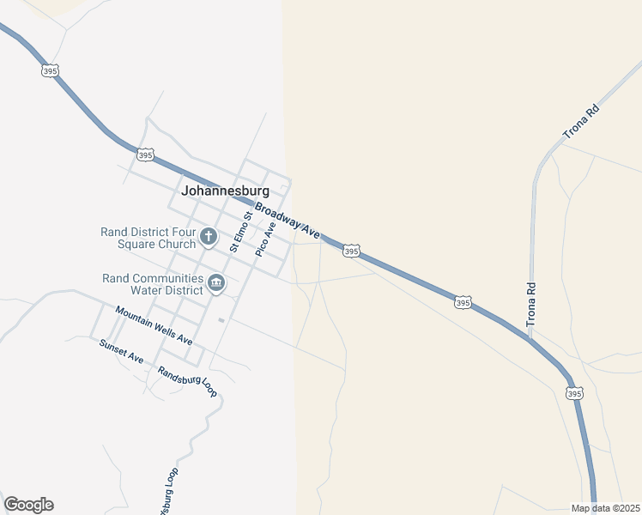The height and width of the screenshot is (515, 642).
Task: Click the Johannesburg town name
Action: (225, 191)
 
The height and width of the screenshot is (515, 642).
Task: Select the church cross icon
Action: (208, 236)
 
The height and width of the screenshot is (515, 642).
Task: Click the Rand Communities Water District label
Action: (153, 284)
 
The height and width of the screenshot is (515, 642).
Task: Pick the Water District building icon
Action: (216, 282)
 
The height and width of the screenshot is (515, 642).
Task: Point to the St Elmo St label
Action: (239, 231)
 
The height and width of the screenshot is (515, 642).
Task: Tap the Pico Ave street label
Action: (265, 239)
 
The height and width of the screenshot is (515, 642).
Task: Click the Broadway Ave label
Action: (287, 220)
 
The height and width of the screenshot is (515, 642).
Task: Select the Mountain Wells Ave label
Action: (154, 325)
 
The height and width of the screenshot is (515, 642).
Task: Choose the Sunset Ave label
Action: (121, 351)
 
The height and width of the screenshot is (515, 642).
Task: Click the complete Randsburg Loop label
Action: (188, 382)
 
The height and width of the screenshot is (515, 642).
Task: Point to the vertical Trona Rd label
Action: (531, 304)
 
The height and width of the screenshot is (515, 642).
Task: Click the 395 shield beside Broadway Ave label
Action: (350, 251)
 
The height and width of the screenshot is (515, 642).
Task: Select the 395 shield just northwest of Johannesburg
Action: (145, 154)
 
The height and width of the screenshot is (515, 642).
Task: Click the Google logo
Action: (28, 505)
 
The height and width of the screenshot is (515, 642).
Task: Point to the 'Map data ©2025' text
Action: (605, 508)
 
